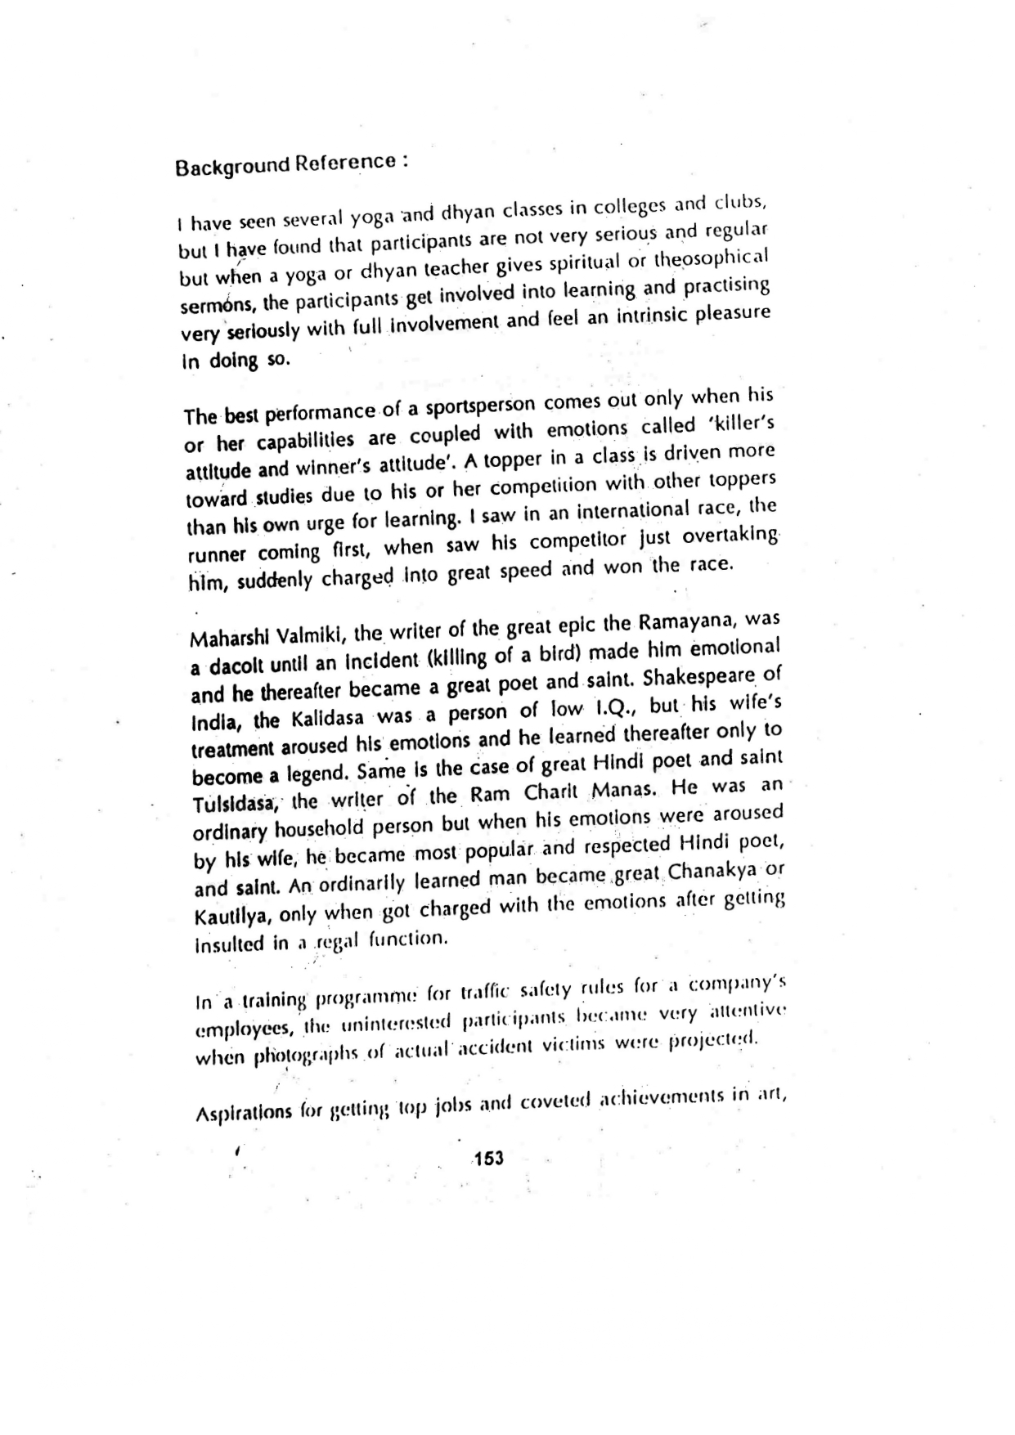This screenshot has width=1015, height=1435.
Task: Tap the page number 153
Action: point(488,1158)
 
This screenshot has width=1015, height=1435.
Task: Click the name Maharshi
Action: point(226,637)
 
